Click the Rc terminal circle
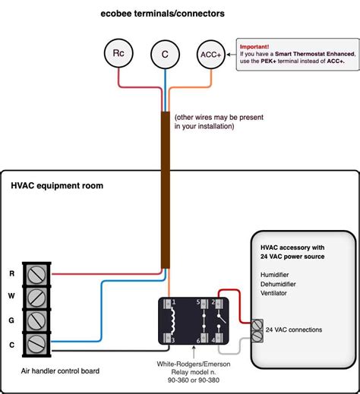tap(118, 54)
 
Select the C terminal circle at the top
tap(164, 54)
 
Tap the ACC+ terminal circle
tap(210, 54)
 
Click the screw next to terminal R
tap(36, 273)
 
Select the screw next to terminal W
tap(36, 297)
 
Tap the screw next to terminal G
tap(36, 321)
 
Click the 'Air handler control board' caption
tap(60, 371)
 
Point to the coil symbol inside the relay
tap(174, 325)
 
